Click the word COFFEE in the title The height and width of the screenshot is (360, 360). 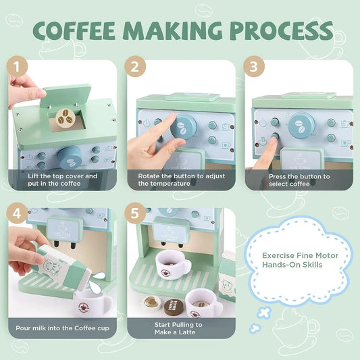coord(79,31)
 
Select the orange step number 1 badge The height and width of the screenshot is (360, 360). coord(16,68)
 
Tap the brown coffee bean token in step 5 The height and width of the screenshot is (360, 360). coord(174,305)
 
